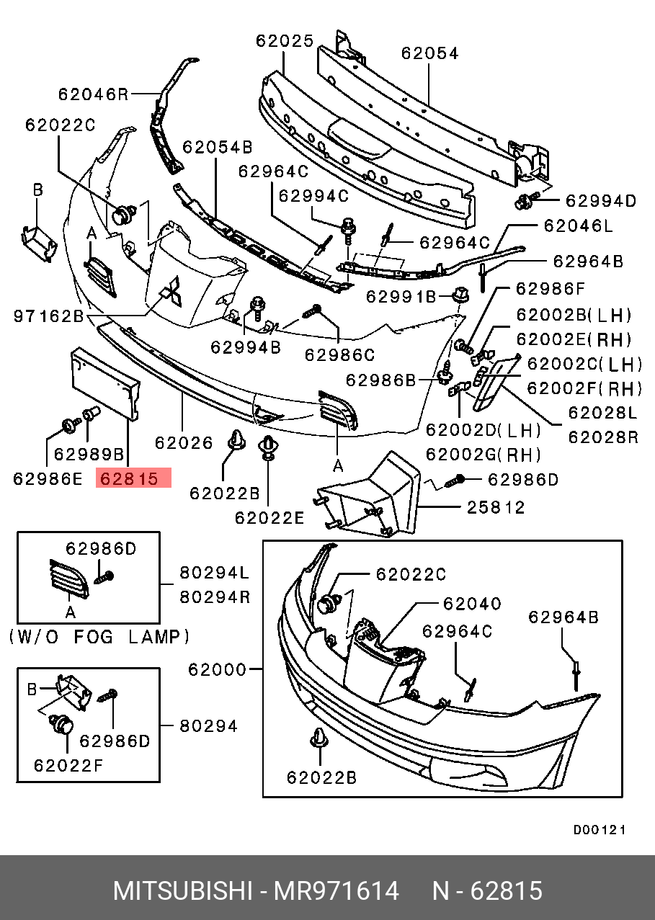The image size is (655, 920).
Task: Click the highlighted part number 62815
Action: (133, 478)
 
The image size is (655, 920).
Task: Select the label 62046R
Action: (93, 94)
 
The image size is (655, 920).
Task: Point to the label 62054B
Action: (217, 148)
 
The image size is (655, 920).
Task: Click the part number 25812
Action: (495, 507)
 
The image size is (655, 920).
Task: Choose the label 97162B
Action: (48, 316)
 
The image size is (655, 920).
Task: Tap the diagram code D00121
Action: (600, 830)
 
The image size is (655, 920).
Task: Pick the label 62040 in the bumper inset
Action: (472, 603)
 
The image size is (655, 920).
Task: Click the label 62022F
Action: (68, 765)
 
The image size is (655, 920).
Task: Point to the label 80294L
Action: (214, 573)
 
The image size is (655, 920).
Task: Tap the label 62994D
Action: (601, 201)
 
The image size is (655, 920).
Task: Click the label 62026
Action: (184, 442)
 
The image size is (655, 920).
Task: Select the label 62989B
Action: (89, 455)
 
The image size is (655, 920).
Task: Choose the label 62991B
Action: (401, 296)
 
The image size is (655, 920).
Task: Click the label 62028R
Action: (604, 436)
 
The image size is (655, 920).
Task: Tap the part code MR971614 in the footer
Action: (335, 891)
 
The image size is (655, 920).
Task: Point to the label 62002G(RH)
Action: (483, 455)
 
